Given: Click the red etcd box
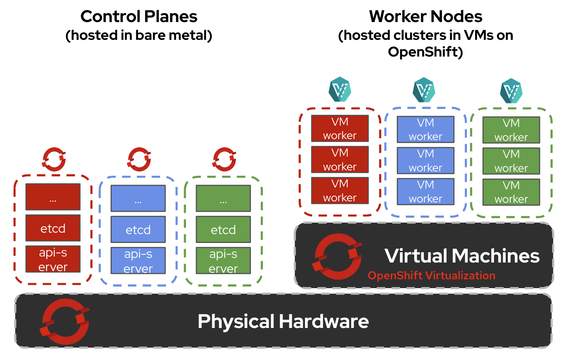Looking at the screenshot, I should (53, 228).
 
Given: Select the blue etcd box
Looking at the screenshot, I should (138, 229).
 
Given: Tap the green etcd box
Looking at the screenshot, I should (223, 229).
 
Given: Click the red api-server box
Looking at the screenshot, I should (53, 259).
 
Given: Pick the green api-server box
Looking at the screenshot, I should (223, 261).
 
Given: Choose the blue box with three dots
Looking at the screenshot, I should (138, 198).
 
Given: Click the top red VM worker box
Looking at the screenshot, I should (340, 128).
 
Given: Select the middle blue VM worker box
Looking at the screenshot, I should (425, 160).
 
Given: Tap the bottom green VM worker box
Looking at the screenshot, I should (511, 192).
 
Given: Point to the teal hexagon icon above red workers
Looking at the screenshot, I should (340, 89).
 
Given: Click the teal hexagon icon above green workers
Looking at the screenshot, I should (511, 91).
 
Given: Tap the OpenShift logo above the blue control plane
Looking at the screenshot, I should (139, 159).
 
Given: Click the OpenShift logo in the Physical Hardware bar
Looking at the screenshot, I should (65, 322).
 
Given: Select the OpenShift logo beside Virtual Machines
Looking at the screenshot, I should (337, 256).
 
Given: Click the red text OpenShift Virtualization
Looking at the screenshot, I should (431, 275).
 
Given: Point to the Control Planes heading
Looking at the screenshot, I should (139, 16).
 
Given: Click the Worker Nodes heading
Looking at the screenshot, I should (426, 16).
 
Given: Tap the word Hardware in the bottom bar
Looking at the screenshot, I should (324, 322).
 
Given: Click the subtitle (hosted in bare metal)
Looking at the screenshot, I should (139, 35).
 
